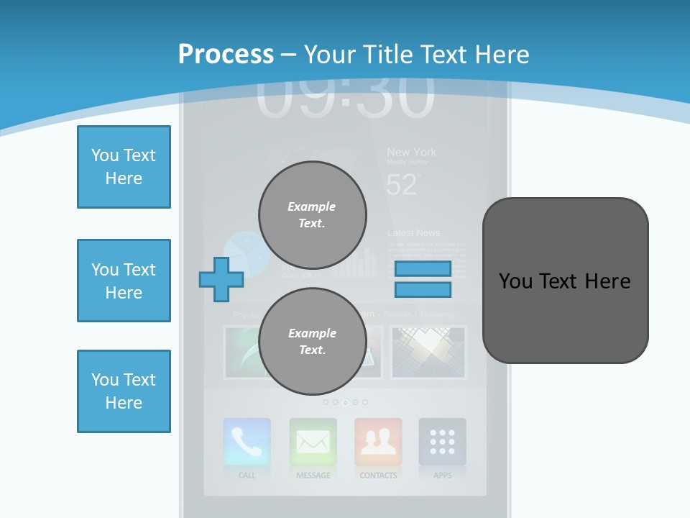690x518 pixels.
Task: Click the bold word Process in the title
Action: coord(226,55)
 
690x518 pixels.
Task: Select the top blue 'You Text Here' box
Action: coord(124,167)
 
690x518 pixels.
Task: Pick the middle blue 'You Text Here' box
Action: coord(124,281)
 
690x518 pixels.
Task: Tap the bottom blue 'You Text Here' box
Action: coord(124,391)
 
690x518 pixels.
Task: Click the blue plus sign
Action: coord(221,279)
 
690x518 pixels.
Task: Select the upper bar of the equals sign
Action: coord(423,269)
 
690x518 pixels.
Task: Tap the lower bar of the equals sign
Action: coord(423,290)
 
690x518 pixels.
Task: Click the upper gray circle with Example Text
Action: coord(312,215)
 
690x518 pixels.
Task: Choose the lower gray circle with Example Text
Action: coord(312,342)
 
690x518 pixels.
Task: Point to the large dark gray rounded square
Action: coord(565,281)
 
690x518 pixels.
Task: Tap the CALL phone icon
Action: coord(247,442)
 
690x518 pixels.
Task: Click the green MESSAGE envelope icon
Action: coord(313,442)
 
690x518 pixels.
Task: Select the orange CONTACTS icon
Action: coord(378,442)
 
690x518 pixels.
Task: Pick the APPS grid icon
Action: coord(442,442)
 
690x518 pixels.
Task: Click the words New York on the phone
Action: coord(411,152)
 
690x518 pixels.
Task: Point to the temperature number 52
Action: coord(401,186)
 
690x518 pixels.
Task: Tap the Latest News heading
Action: coord(413,233)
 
